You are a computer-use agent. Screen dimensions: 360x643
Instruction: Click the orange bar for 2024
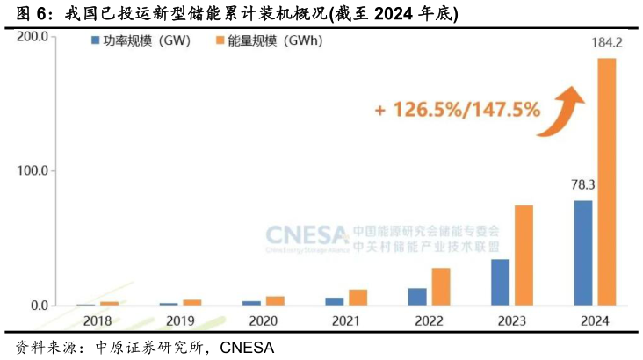[x=607, y=182]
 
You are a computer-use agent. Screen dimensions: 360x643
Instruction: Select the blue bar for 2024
[x=583, y=253]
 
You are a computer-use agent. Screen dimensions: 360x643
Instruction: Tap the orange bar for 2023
[x=524, y=256]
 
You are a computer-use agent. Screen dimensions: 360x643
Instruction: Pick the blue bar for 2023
[x=500, y=282]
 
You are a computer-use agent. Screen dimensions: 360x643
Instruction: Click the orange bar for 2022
[x=441, y=286]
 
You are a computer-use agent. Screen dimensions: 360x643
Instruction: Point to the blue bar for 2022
[x=417, y=297]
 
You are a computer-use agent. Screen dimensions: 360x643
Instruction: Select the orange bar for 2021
[x=358, y=298]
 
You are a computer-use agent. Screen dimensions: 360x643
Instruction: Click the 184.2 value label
[x=606, y=42]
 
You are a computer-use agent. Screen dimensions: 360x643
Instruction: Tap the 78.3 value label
[x=582, y=185]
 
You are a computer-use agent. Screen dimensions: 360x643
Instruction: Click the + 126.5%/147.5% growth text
[x=457, y=111]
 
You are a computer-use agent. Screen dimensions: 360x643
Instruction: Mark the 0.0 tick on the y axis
[x=37, y=306]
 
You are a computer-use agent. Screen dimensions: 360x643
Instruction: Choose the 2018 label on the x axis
[x=97, y=320]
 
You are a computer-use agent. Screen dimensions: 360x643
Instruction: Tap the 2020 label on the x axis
[x=263, y=320]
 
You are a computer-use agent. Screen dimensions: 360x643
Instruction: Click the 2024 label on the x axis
[x=595, y=320]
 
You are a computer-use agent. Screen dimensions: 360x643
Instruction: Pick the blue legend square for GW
[x=94, y=40]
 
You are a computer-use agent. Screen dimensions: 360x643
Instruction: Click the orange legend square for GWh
[x=219, y=40]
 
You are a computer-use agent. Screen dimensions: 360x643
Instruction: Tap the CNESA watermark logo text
[x=307, y=235]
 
